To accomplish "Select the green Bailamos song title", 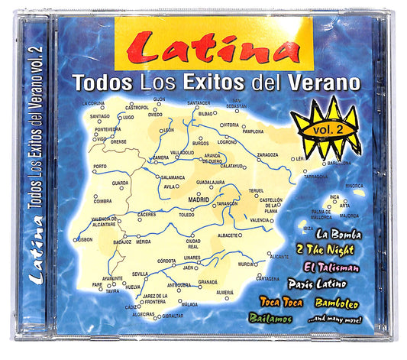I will pos(270,316).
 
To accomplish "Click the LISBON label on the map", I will pos(84,239).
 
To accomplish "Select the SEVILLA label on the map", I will pos(140,274).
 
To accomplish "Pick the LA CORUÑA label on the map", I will pos(92,102).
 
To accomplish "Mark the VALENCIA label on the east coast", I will pos(260,220).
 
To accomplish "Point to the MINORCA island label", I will pos(355,185).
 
